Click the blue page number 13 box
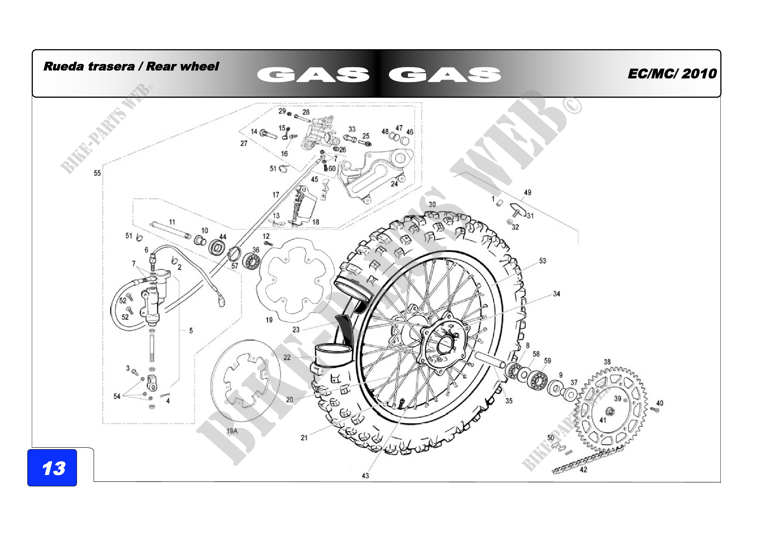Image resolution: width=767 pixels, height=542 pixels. click(52, 468)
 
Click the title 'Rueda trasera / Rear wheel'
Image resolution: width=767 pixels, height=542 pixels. click(131, 67)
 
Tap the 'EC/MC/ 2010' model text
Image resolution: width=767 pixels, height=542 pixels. click(672, 74)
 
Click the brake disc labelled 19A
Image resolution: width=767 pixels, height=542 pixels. click(246, 381)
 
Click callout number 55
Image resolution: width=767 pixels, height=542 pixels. click(97, 173)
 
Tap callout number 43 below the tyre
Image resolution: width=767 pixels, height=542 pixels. click(365, 475)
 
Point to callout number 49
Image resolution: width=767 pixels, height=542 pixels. click(528, 192)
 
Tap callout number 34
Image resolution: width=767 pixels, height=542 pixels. click(556, 294)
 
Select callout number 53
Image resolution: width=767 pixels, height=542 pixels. click(542, 260)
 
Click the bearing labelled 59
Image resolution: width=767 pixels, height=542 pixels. click(537, 379)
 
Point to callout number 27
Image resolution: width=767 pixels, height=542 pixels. click(244, 143)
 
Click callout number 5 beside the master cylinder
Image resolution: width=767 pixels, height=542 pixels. click(191, 331)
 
